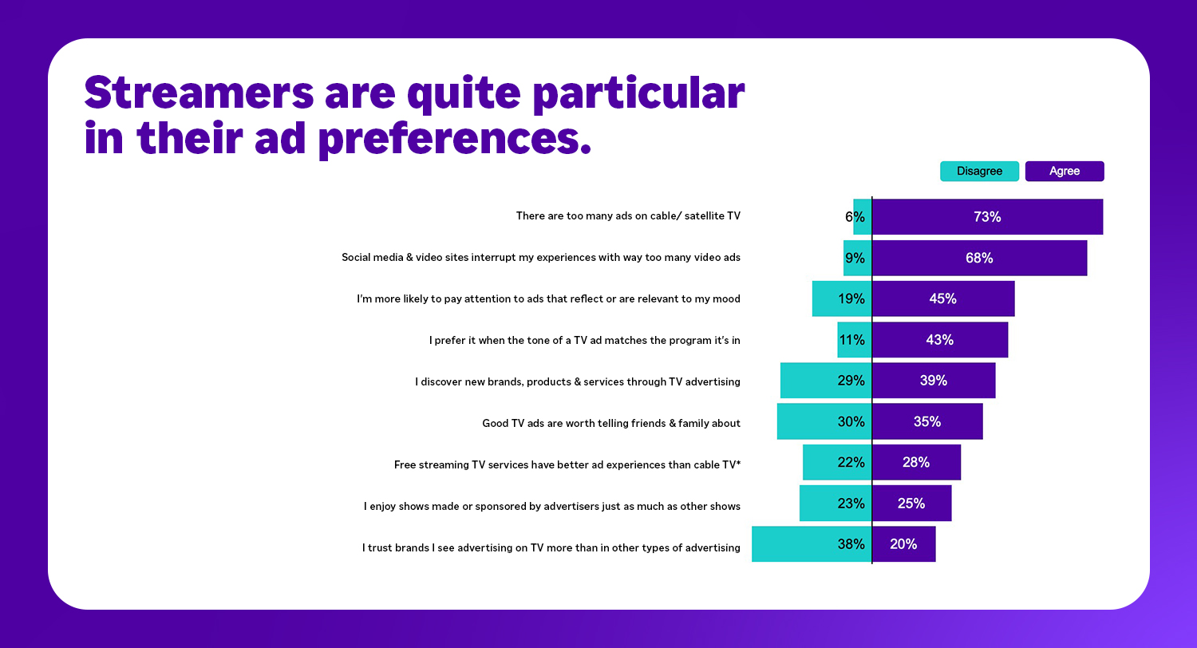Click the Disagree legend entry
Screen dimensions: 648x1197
point(979,172)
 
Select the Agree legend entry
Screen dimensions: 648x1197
point(1065,172)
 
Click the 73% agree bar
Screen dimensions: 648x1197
point(987,217)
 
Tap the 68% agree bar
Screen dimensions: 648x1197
point(979,259)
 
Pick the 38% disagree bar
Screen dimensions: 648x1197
point(812,544)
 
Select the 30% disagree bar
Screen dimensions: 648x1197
point(824,421)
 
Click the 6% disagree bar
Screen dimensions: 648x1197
point(862,217)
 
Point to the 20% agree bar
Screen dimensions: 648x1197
point(903,544)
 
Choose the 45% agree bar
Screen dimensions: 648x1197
point(943,299)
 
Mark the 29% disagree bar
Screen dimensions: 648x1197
point(826,381)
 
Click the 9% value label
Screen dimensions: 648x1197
point(855,259)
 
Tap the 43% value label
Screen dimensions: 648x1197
point(939,340)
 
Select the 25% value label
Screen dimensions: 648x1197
point(911,504)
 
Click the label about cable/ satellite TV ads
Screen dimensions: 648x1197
point(628,216)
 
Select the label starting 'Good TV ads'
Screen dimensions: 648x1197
point(611,423)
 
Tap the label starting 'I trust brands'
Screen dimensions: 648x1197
point(551,547)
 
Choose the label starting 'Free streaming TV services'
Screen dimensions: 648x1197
point(567,464)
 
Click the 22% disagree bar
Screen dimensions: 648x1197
point(837,463)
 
